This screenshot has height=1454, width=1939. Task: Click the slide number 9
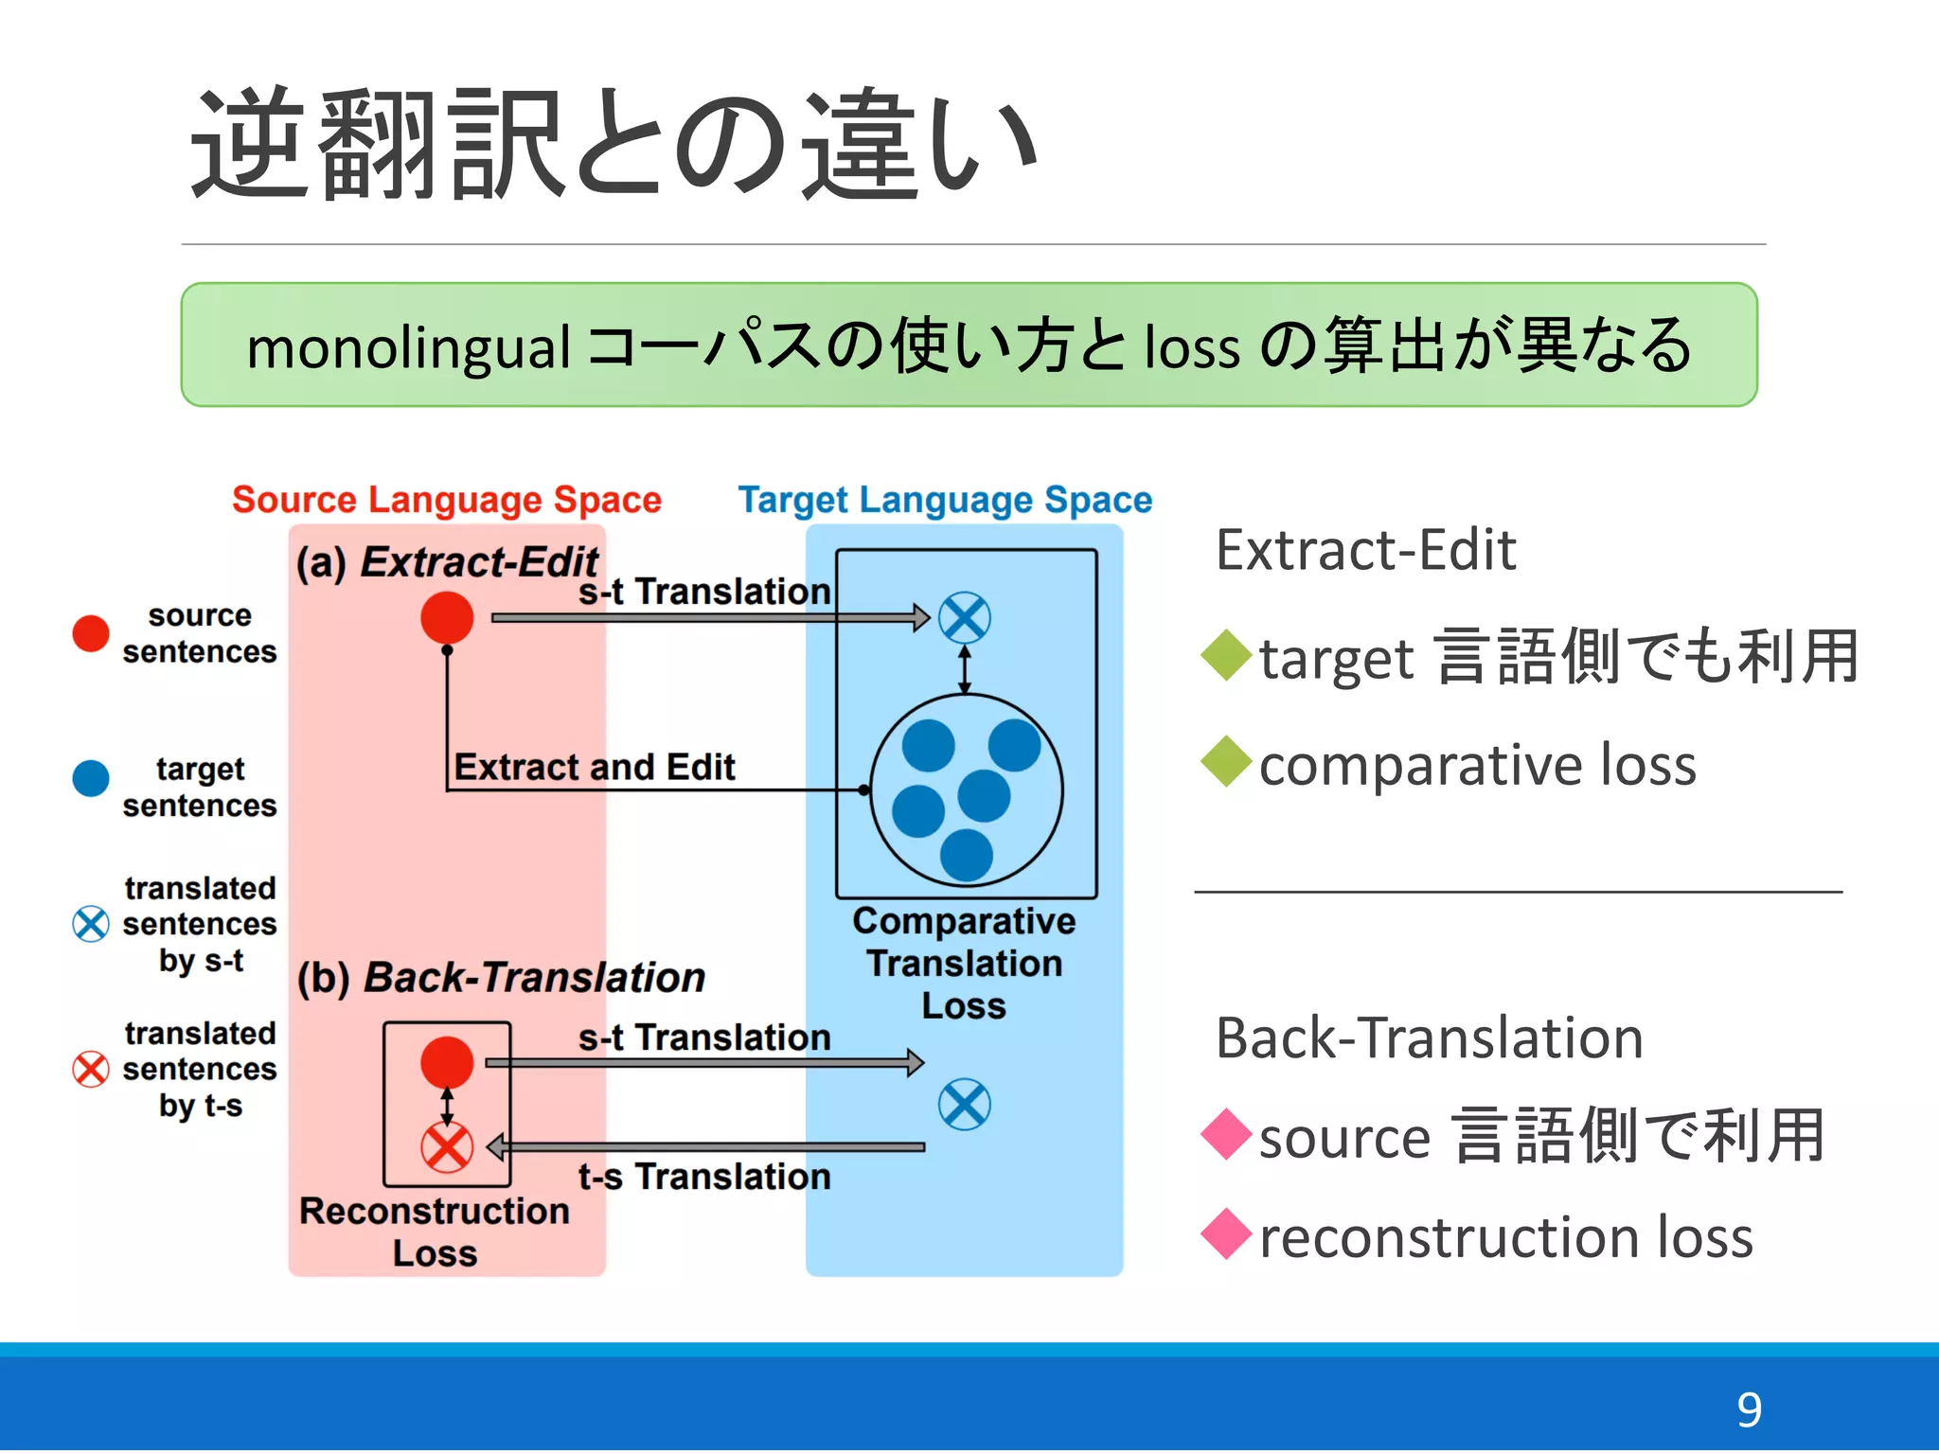click(x=1748, y=1410)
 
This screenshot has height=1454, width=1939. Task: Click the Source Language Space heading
click(x=446, y=500)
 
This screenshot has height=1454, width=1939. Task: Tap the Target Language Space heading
click(x=944, y=500)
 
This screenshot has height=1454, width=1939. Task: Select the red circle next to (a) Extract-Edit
click(x=447, y=618)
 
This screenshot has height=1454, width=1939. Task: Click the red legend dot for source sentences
click(x=91, y=633)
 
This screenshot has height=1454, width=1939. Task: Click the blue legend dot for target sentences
click(x=91, y=778)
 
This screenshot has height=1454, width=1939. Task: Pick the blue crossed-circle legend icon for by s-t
click(x=91, y=924)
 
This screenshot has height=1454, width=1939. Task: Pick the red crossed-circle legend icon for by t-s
click(x=91, y=1069)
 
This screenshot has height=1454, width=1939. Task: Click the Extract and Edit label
click(x=594, y=767)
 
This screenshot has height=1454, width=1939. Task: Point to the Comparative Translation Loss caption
click(x=964, y=963)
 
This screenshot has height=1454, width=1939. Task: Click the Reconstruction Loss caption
click(x=435, y=1232)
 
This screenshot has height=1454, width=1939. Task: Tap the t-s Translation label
click(x=704, y=1177)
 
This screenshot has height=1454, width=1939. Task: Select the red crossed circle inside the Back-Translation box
click(x=447, y=1148)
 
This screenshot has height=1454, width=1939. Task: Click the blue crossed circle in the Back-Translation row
click(x=964, y=1105)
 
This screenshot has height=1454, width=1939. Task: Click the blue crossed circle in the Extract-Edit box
click(x=964, y=618)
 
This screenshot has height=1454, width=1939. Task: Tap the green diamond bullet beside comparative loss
click(x=1227, y=762)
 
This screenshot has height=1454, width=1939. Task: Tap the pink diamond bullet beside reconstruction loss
click(x=1227, y=1234)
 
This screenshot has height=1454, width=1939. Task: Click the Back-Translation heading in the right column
click(x=1429, y=1038)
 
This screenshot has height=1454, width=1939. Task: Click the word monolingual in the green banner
click(x=408, y=347)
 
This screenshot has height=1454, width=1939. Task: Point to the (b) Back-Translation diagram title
click(x=501, y=978)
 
